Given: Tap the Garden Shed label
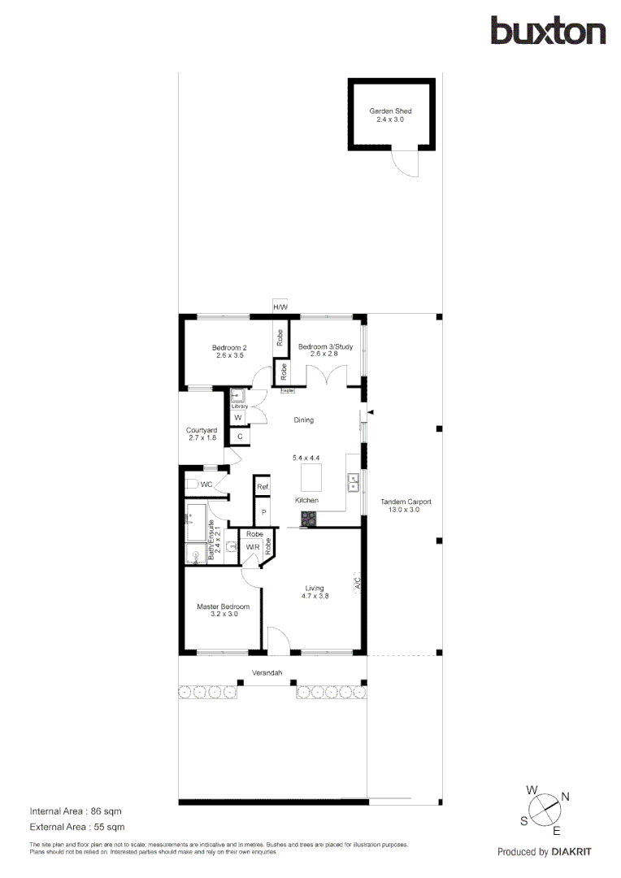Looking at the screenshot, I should (390, 111).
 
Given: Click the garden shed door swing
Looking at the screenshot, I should (404, 163).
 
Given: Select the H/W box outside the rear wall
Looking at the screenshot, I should (280, 306).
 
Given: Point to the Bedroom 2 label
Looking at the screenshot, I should (231, 347).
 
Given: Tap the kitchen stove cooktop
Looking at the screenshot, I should (310, 517).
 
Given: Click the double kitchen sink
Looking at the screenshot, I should (354, 482).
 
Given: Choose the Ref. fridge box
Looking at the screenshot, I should (263, 487).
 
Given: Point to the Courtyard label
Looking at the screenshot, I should (201, 430).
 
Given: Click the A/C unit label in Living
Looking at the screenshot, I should (358, 583).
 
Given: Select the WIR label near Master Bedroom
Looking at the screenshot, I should (252, 548).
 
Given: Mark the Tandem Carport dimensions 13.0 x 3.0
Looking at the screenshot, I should (406, 510).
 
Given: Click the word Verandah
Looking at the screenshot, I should (267, 673).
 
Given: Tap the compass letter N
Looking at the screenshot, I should (565, 797).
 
